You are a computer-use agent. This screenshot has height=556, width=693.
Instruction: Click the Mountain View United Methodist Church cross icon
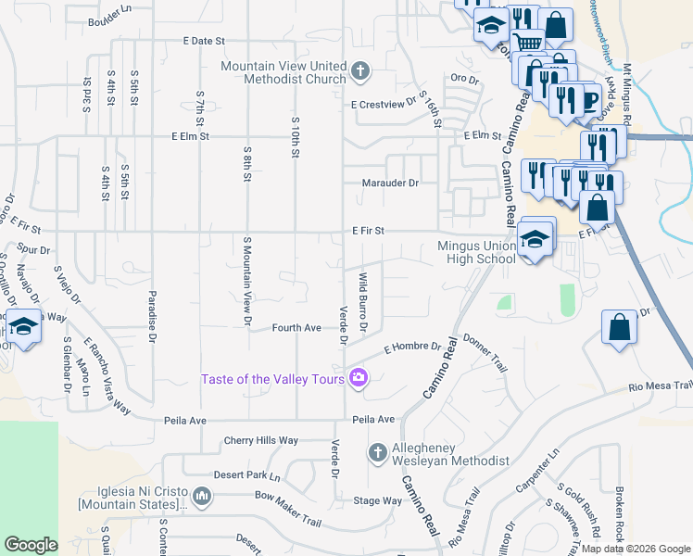click(x=360, y=69)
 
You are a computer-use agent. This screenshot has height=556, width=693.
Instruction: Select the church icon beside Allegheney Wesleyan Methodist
click(x=377, y=452)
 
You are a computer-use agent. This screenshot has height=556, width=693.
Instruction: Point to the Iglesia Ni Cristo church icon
click(x=203, y=498)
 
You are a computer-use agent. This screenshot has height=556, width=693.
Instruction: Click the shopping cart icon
click(x=527, y=42)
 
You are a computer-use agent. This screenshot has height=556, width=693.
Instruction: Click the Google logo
click(x=31, y=545)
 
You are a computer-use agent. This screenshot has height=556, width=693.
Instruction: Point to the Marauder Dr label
click(x=390, y=183)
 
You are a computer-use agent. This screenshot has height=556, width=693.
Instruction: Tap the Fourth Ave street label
click(x=296, y=328)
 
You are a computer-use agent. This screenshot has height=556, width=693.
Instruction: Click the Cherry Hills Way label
click(x=261, y=441)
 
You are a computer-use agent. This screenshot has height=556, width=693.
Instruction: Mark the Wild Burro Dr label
click(x=364, y=301)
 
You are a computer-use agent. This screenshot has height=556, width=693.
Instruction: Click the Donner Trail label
click(x=485, y=353)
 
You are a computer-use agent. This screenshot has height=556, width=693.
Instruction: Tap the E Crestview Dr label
click(x=383, y=105)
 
